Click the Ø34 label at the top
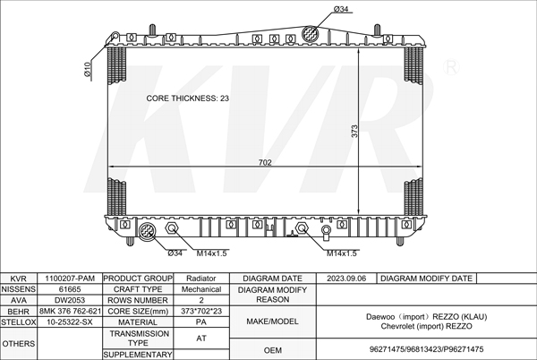(340, 9)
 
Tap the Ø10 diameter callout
(88, 69)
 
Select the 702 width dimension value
(265, 162)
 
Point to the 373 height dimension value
(354, 131)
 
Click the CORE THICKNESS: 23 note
(187, 99)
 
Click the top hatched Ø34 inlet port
(311, 34)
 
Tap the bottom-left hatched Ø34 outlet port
(148, 230)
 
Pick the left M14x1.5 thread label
(211, 253)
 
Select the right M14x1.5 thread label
(342, 253)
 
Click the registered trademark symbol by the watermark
(451, 67)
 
